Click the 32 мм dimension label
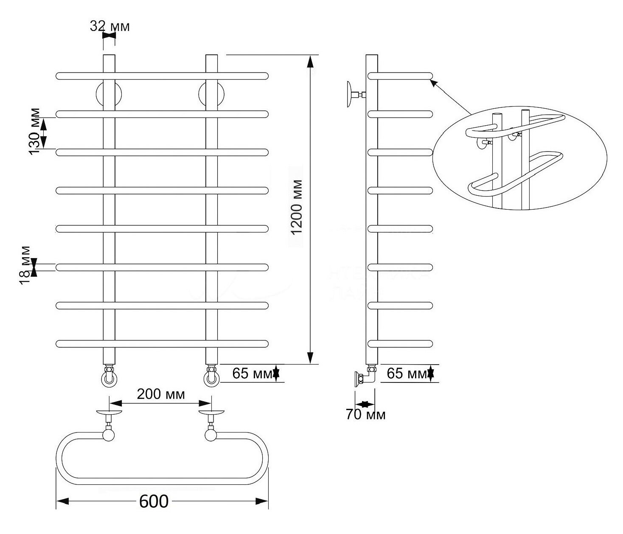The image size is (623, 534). click(x=110, y=27)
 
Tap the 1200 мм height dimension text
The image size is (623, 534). click(x=297, y=207)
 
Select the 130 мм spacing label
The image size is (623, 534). click(x=34, y=131)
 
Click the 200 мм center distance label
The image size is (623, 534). click(x=161, y=394)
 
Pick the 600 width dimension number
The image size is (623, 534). click(x=154, y=501)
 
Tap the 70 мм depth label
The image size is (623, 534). click(x=365, y=415)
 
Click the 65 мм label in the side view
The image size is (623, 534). click(x=407, y=373)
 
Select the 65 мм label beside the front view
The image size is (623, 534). click(x=252, y=373)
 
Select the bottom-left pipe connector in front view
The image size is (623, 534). click(x=109, y=376)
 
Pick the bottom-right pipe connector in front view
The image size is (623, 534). click(x=211, y=376)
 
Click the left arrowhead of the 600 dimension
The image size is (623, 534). click(x=63, y=501)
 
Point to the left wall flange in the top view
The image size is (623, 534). click(x=109, y=412)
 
